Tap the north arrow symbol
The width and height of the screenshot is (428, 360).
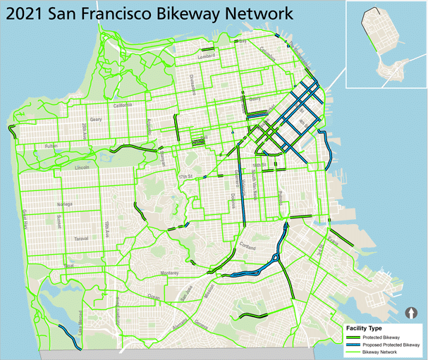click(x=413, y=312)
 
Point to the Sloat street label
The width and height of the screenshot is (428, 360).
click(x=68, y=266)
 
